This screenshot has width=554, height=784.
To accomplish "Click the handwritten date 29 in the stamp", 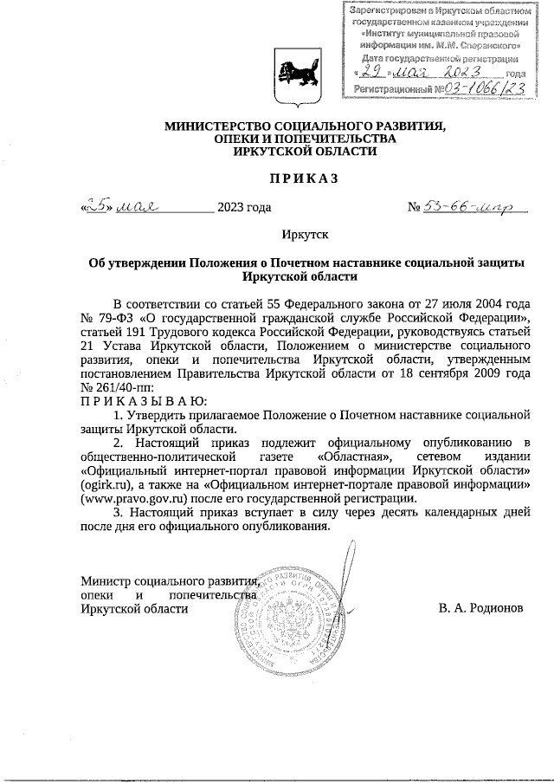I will [374, 73].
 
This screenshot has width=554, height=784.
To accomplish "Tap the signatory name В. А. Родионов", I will [480, 609].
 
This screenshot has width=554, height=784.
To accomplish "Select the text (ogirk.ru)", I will [104, 484].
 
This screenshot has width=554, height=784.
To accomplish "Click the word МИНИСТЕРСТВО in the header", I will [220, 126].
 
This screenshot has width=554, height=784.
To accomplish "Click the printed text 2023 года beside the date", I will [244, 207].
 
